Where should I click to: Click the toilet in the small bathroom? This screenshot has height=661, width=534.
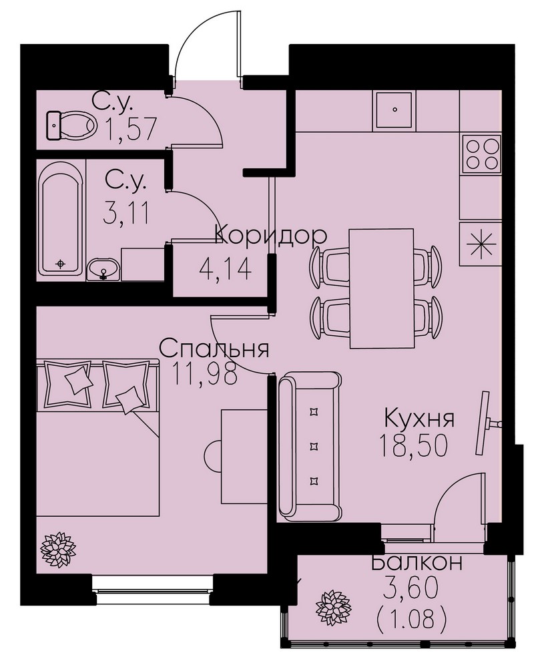[x=70, y=125]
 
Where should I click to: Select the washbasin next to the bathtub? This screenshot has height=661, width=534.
[x=103, y=269]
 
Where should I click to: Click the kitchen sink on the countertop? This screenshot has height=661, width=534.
[x=394, y=109]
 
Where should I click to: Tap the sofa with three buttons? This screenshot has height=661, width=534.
[x=310, y=447]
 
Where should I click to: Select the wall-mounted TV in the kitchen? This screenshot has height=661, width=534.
[x=486, y=423]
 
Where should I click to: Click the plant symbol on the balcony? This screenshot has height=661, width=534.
[x=333, y=608]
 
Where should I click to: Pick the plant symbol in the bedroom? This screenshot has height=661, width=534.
[x=58, y=549]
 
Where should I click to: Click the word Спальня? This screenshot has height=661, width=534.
[x=214, y=349]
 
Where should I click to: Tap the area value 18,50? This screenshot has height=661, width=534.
[x=413, y=445]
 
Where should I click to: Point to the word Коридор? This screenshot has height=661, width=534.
[x=271, y=236]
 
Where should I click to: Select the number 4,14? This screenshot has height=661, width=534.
[x=225, y=269]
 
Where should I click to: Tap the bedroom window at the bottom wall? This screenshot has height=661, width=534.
[x=153, y=585]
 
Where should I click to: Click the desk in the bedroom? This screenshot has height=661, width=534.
[x=244, y=456]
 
